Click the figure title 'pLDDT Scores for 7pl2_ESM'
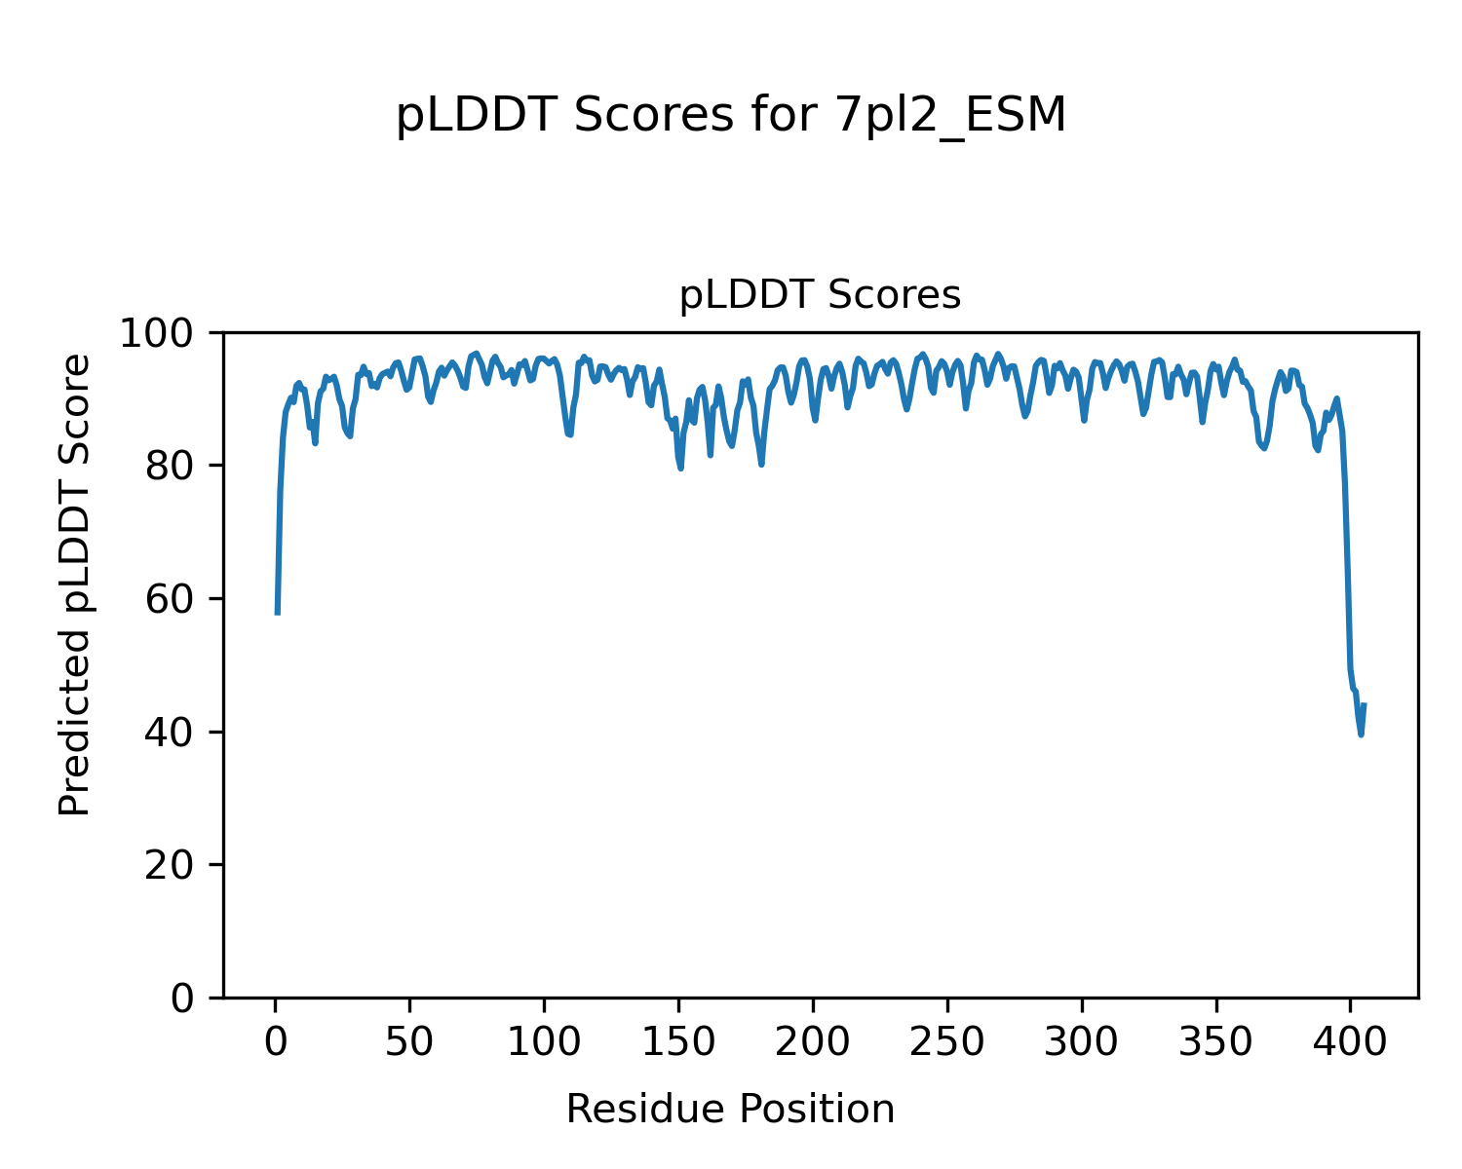pos(731,116)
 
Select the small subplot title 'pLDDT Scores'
pos(820,295)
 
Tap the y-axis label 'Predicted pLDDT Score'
pos(75,584)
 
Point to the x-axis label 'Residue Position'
pos(730,1109)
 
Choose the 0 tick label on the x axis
pos(276,1043)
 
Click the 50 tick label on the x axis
pos(409,1043)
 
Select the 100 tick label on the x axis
pos(544,1043)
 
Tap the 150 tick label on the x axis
pos(678,1043)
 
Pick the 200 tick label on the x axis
pos(813,1043)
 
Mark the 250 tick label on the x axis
pos(946,1043)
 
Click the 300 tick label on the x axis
pos(1081,1043)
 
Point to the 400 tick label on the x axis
pos(1350,1043)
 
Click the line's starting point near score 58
pos(278,613)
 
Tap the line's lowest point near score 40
pos(1361,734)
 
